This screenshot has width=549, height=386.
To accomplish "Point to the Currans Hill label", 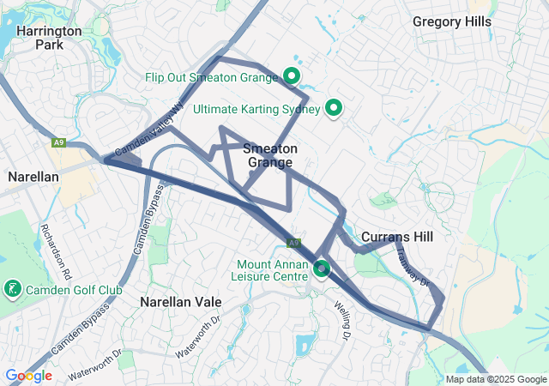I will tap(396, 237).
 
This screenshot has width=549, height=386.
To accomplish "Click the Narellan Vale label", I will tap(181, 302).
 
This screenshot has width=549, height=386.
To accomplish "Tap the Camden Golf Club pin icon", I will tap(13, 289).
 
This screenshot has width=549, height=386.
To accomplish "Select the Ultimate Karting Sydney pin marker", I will tap(334, 109).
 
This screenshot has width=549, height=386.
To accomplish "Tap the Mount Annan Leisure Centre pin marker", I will tap(322, 269).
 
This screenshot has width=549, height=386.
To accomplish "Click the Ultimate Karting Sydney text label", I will tap(256, 110).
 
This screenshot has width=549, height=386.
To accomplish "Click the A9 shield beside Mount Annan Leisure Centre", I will tap(294, 243).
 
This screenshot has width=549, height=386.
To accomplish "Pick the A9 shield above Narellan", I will tap(58, 142).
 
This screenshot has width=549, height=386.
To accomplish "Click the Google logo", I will tap(28, 375).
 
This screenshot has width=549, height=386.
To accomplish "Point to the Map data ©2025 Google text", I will tap(496, 379).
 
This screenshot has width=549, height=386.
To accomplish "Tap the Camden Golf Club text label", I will tap(74, 290).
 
